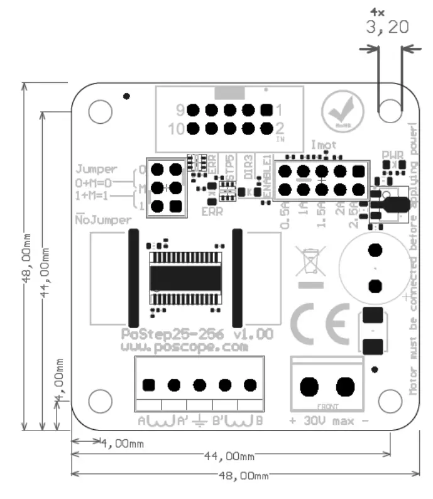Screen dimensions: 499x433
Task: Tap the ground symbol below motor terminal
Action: click(200, 420)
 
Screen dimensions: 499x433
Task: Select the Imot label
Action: click(324, 145)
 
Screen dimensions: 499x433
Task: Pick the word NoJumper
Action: click(104, 220)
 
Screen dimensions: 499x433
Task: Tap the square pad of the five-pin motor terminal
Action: click(149, 385)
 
